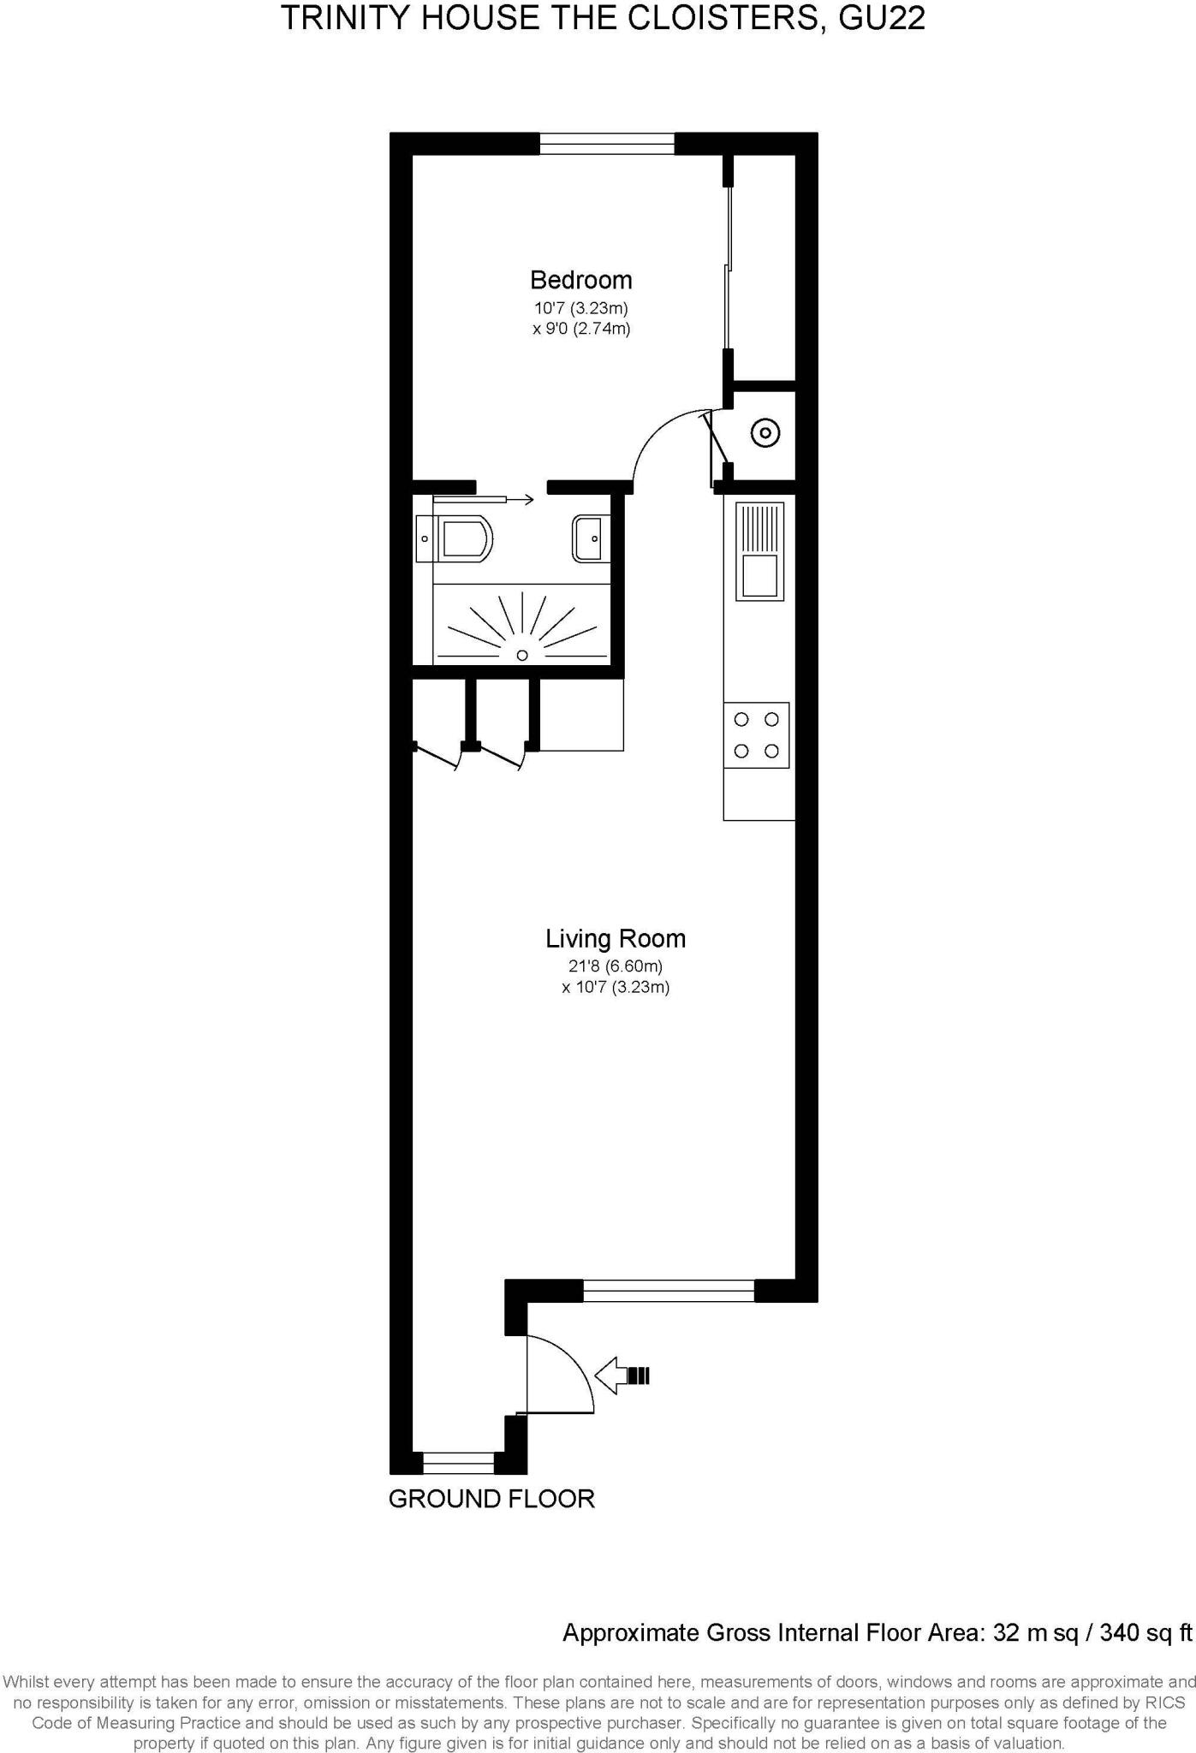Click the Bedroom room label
click(580, 280)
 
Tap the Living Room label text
click(616, 939)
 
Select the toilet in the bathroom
click(462, 538)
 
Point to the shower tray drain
click(522, 655)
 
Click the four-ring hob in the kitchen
click(756, 734)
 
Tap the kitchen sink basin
click(759, 575)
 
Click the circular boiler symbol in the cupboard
click(765, 433)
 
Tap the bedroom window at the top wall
click(607, 144)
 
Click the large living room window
click(668, 1290)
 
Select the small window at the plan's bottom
click(459, 1463)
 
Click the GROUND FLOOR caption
click(491, 1499)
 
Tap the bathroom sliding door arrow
click(514, 499)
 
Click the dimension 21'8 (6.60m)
click(616, 966)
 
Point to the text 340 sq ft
click(1145, 1632)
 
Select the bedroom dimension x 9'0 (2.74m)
click(581, 329)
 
